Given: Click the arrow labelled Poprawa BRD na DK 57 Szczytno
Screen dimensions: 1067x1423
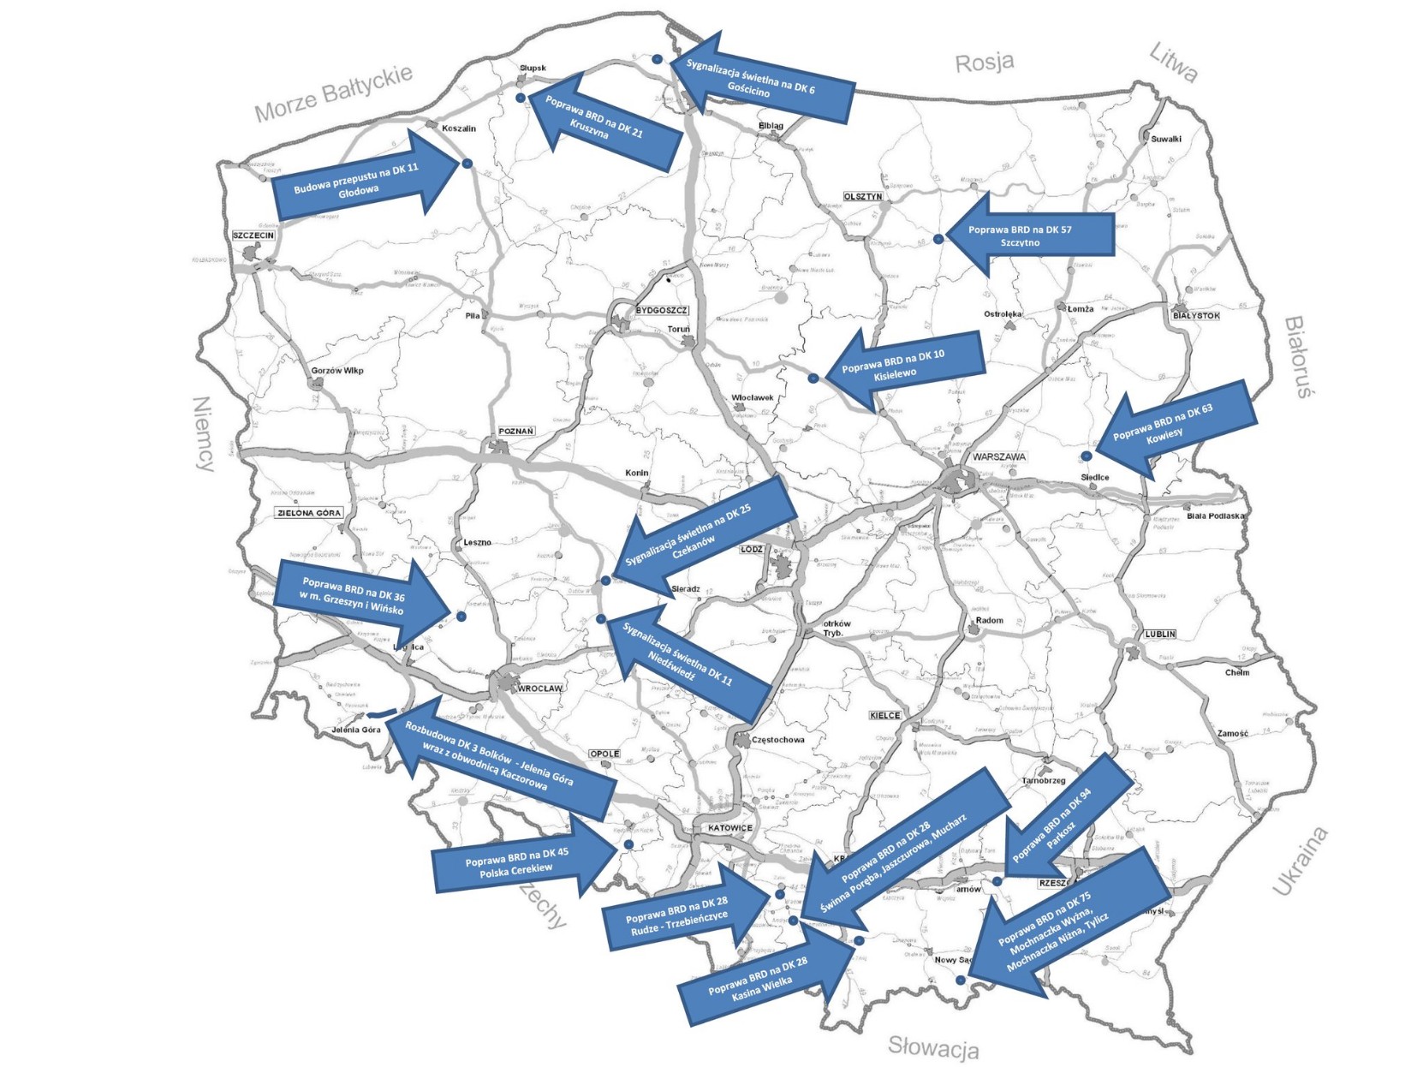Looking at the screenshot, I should point(1027,235).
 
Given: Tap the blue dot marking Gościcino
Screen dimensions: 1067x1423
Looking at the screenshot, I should point(657,59).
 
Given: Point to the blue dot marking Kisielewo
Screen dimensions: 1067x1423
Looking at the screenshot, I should point(813,378).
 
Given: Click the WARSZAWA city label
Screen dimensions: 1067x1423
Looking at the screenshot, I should point(998,456).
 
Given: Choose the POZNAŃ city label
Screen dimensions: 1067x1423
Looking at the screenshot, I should point(516,431).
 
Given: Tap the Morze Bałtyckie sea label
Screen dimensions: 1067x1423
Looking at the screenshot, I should point(333,93).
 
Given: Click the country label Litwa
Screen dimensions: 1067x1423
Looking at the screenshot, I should point(1172,63).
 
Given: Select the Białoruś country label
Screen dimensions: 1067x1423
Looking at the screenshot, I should point(1299,356).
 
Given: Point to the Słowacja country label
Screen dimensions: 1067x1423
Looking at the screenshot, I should point(932,1046).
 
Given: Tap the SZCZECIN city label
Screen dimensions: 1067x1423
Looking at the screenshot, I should point(253,235).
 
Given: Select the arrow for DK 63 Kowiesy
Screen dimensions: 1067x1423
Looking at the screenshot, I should point(1173,428).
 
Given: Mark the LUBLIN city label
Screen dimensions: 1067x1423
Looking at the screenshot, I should point(1160,634).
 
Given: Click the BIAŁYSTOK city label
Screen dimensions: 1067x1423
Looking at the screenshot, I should point(1196,315).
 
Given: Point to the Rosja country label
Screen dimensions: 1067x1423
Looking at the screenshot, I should point(985,63).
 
